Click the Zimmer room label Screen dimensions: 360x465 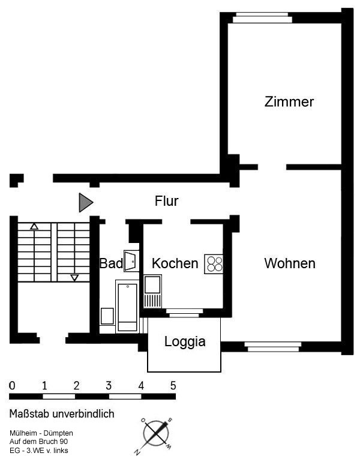[289, 102]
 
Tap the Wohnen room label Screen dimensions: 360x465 [290, 263]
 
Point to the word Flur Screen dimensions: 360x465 [166, 201]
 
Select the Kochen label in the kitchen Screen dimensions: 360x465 [175, 263]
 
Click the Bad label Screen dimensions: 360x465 [111, 263]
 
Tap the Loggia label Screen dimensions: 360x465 [185, 341]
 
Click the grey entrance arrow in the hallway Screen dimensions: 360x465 [86, 203]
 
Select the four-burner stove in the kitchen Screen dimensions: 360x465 [214, 264]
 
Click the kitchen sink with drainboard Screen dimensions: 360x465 [153, 291]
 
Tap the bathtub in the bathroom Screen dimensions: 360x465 [128, 306]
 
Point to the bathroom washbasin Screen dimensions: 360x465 [131, 261]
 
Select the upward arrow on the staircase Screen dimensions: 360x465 [34, 227]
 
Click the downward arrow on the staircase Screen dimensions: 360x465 [74, 278]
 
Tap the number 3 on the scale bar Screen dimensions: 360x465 [109, 386]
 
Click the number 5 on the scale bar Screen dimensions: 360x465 [173, 386]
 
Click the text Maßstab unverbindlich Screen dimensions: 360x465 [62, 413]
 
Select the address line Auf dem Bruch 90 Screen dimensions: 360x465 [38, 442]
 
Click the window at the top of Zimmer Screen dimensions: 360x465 [262, 17]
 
